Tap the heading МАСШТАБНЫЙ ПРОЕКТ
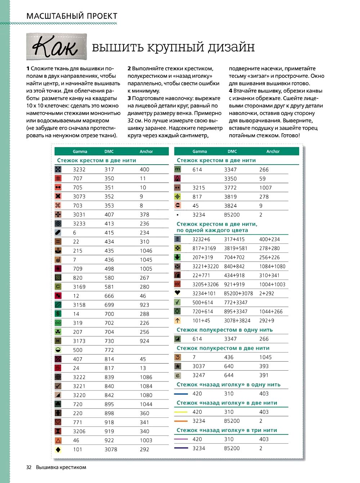72,16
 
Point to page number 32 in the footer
29,467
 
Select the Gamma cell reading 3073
79,197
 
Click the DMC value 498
109,269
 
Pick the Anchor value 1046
146,251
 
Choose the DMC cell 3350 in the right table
230,179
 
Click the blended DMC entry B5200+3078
238,294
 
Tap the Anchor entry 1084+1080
272,267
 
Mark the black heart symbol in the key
177,293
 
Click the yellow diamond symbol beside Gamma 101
58,450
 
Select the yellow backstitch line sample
181,412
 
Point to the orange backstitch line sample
181,421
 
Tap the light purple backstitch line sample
181,439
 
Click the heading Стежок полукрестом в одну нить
224,330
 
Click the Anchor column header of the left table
146,152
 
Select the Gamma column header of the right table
199,152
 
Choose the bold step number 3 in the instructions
129,98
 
